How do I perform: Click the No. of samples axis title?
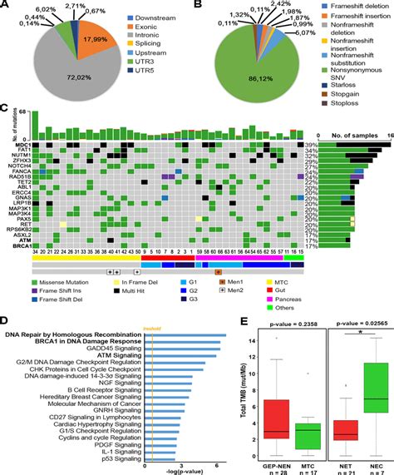(x=350, y=133)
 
